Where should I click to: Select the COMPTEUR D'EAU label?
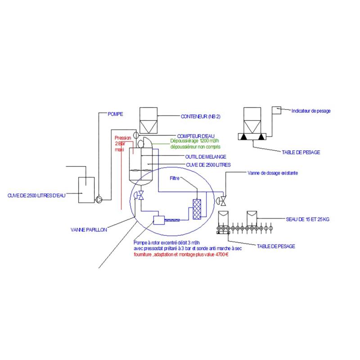coord(195,135)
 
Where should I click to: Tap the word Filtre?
coord(175,178)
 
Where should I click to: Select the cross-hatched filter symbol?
coord(196,209)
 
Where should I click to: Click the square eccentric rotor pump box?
coord(159,220)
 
